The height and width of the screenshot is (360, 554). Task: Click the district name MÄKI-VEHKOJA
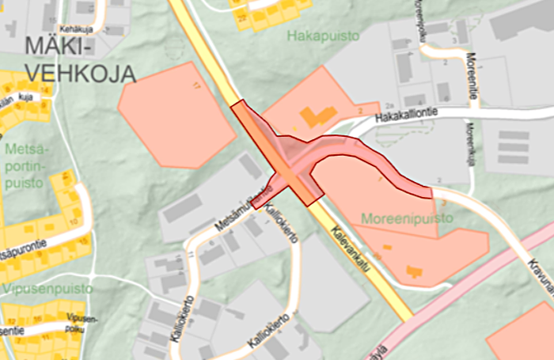[79, 60]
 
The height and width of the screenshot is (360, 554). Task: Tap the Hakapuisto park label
[323, 36]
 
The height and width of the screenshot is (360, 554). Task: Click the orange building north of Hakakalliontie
[317, 117]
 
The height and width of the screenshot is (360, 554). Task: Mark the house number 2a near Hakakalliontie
[389, 104]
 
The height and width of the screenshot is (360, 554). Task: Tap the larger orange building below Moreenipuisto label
[413, 271]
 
